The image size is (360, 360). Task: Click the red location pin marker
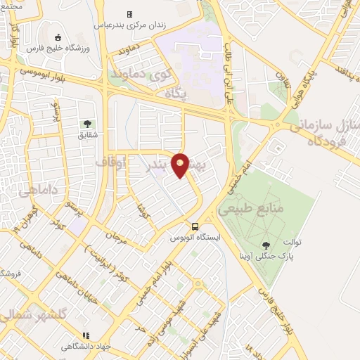point(181,165)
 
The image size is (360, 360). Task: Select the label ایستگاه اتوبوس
point(195,238)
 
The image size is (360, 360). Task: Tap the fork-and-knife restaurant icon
point(86,336)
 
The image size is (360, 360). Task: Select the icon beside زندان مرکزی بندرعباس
point(129,14)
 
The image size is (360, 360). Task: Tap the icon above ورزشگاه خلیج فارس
point(58,38)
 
